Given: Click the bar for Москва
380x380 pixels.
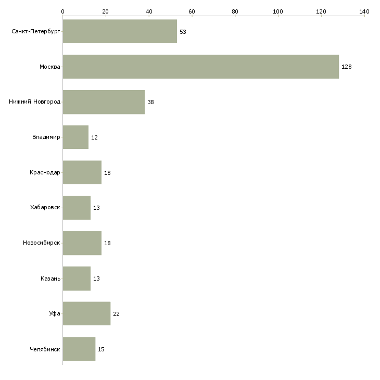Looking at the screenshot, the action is [x=200, y=67].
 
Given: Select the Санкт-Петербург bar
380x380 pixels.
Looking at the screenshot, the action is [x=120, y=31].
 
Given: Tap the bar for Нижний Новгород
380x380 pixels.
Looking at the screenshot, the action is [x=104, y=102].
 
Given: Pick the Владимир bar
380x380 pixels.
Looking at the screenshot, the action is [x=75, y=137].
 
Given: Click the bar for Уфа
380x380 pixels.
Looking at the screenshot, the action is [x=86, y=313].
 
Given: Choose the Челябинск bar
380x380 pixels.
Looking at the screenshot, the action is [x=79, y=349].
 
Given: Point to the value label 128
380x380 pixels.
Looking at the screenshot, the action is [x=347, y=67].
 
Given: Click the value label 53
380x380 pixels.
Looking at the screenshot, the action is [x=183, y=32].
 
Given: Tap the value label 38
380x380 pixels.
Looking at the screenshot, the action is [x=151, y=102].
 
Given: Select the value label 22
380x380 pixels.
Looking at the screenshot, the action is [x=116, y=314].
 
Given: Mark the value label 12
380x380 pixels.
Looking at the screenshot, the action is [x=95, y=137].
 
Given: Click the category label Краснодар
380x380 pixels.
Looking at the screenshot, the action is [x=45, y=172].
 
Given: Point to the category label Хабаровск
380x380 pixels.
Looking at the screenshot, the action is [x=45, y=208].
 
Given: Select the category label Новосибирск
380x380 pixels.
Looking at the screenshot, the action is [x=42, y=243].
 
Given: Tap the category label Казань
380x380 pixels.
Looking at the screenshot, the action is [x=50, y=278].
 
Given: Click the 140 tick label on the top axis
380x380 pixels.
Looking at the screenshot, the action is [x=364, y=11].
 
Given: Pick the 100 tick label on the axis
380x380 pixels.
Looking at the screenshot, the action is [x=278, y=11].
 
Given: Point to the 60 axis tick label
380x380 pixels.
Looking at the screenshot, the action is [x=192, y=11].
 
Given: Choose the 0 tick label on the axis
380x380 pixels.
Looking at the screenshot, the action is [x=63, y=11].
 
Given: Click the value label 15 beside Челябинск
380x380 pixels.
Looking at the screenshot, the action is [x=102, y=349].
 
